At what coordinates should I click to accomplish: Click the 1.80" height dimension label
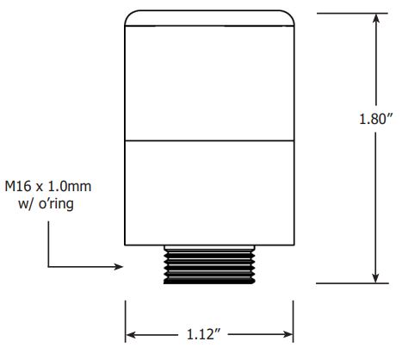[x=375, y=119]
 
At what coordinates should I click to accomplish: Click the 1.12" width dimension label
[x=203, y=334]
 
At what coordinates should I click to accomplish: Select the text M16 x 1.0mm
[x=48, y=187]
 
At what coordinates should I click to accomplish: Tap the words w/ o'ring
[x=46, y=204]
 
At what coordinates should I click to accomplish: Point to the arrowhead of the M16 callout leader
[x=118, y=267]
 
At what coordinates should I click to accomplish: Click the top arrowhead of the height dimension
[x=375, y=18]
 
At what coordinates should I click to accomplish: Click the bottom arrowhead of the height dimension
[x=375, y=278]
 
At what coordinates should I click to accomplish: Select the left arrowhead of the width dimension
[x=131, y=334]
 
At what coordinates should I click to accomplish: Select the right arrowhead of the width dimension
[x=288, y=334]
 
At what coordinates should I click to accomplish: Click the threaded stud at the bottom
[x=209, y=267]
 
